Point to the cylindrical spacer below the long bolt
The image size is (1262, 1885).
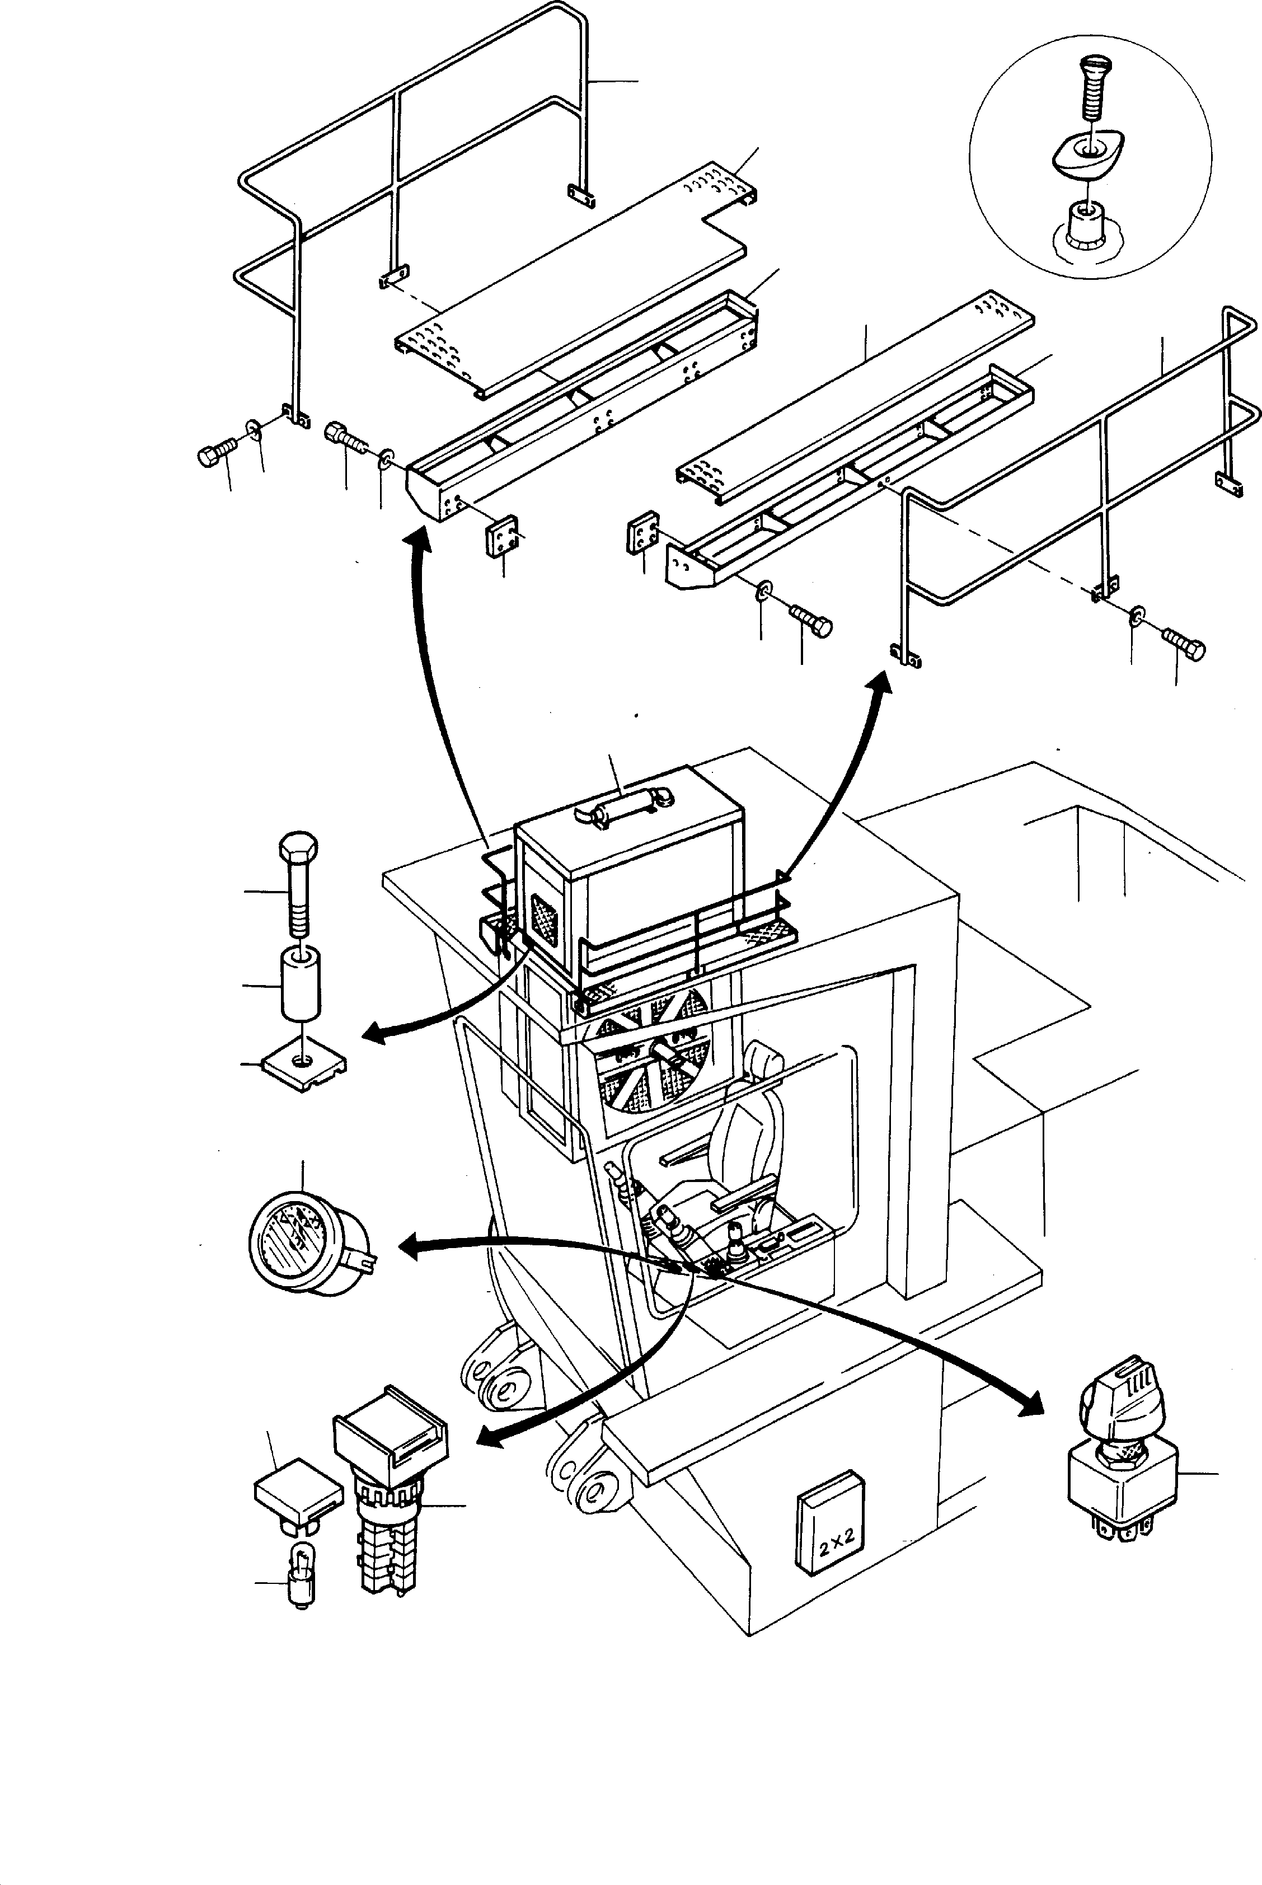tap(300, 983)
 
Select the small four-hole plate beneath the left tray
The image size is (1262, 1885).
tap(499, 535)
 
